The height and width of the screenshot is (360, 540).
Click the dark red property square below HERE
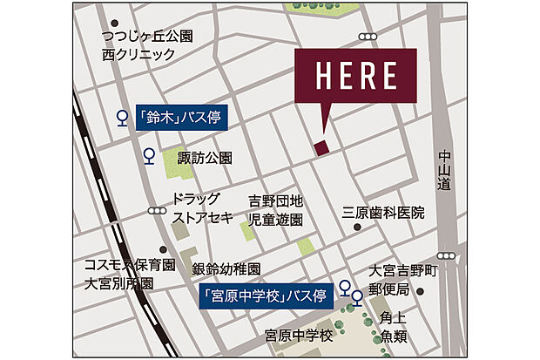click(x=322, y=147)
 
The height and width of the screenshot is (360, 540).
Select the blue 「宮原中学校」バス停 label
click(x=267, y=296)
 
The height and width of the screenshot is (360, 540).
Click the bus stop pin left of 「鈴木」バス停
click(x=122, y=116)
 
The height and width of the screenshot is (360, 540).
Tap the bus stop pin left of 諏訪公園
click(x=149, y=157)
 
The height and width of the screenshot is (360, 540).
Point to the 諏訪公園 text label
click(x=206, y=158)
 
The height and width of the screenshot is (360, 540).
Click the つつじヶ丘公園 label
click(x=147, y=37)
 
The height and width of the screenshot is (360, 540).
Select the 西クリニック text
click(x=138, y=54)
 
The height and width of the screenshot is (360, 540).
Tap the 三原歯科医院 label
click(x=383, y=213)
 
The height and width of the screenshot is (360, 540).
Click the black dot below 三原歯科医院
click(x=357, y=228)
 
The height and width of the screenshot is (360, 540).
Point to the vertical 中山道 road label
click(x=445, y=170)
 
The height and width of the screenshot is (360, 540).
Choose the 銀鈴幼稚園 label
click(x=226, y=268)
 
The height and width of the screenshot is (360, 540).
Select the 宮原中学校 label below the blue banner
click(x=300, y=335)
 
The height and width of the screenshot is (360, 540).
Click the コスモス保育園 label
click(x=130, y=265)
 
